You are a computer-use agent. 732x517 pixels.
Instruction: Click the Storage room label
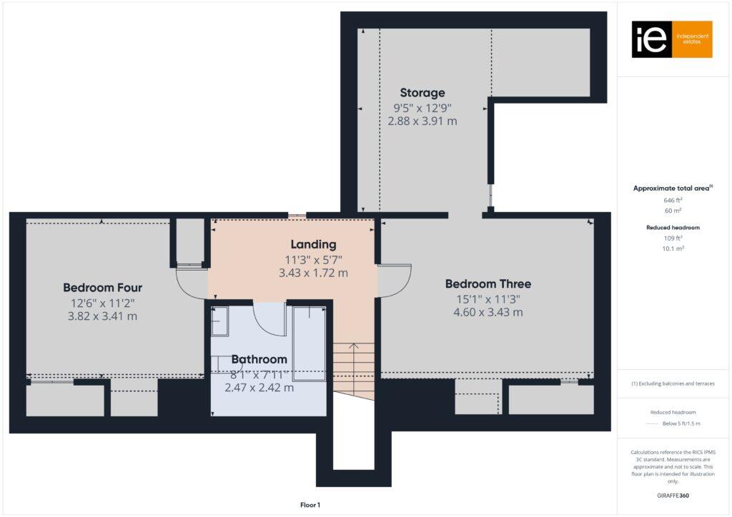422,93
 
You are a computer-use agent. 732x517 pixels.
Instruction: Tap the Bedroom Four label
102,288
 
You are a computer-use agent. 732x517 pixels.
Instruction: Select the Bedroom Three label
488,284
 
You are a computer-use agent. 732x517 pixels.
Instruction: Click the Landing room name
313,245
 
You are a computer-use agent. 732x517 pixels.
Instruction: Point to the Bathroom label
259,359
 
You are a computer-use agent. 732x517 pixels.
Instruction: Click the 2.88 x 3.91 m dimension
422,121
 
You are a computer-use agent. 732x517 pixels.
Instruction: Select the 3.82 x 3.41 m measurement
102,316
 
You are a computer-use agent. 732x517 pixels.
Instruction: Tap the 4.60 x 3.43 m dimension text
488,312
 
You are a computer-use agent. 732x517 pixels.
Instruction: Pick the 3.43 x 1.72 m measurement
313,273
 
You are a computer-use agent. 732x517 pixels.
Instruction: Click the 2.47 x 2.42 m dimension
259,388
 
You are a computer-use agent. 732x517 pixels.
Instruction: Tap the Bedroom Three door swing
395,281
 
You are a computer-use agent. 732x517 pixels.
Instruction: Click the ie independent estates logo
671,39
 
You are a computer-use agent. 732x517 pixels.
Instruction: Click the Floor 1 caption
310,505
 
